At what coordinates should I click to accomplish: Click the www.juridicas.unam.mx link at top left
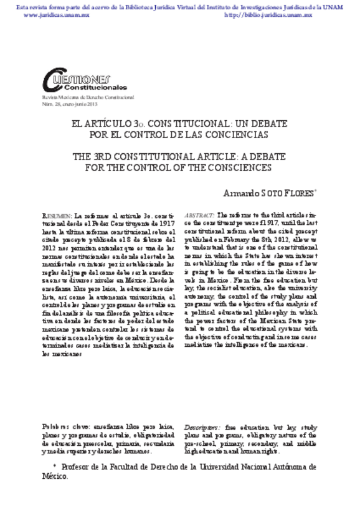pos(48,13)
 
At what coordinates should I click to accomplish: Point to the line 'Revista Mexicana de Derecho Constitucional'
pos(87,98)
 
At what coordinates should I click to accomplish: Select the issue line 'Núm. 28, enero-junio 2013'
pos(70,104)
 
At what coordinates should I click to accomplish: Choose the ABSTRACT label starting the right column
pos(199,214)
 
